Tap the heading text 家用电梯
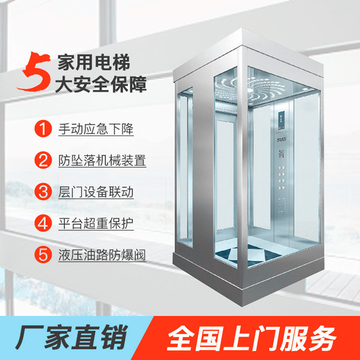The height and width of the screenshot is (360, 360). [94, 62]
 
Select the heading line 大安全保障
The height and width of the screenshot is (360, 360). [101, 84]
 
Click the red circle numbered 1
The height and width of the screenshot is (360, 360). [43, 129]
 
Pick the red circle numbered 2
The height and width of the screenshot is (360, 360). [43, 160]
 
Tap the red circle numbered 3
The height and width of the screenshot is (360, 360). [43, 192]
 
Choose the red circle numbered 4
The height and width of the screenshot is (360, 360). [43, 223]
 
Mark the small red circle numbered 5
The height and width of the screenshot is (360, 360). [43, 255]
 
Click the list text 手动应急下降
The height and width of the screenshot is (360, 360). [96, 129]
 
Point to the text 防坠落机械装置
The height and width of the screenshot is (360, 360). [102, 160]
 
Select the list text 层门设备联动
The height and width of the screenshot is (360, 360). [96, 192]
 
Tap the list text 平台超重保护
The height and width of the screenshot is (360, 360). [96, 223]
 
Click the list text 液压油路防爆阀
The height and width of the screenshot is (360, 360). [102, 255]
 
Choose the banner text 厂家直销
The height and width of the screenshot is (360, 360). [71, 337]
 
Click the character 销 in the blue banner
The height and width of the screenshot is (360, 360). [114, 337]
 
